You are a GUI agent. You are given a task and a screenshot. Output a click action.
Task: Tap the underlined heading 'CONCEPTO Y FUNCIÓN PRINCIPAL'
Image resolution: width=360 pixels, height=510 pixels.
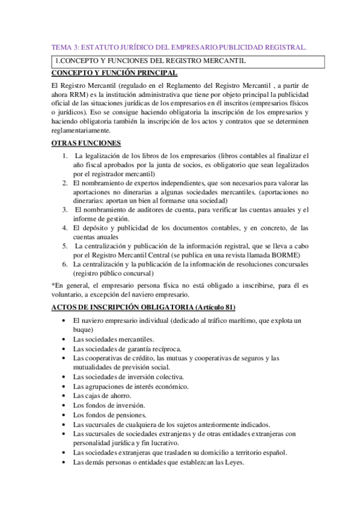[x=115, y=73]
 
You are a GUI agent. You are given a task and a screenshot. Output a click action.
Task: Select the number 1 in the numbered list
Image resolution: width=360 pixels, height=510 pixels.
[x=64, y=156]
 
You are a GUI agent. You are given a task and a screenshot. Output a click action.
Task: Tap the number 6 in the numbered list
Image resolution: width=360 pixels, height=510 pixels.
[x=64, y=263]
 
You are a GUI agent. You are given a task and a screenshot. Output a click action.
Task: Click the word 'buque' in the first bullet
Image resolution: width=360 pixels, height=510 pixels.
[x=82, y=330]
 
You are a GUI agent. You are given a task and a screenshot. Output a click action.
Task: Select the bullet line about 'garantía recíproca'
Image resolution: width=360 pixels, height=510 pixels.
[x=122, y=349]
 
